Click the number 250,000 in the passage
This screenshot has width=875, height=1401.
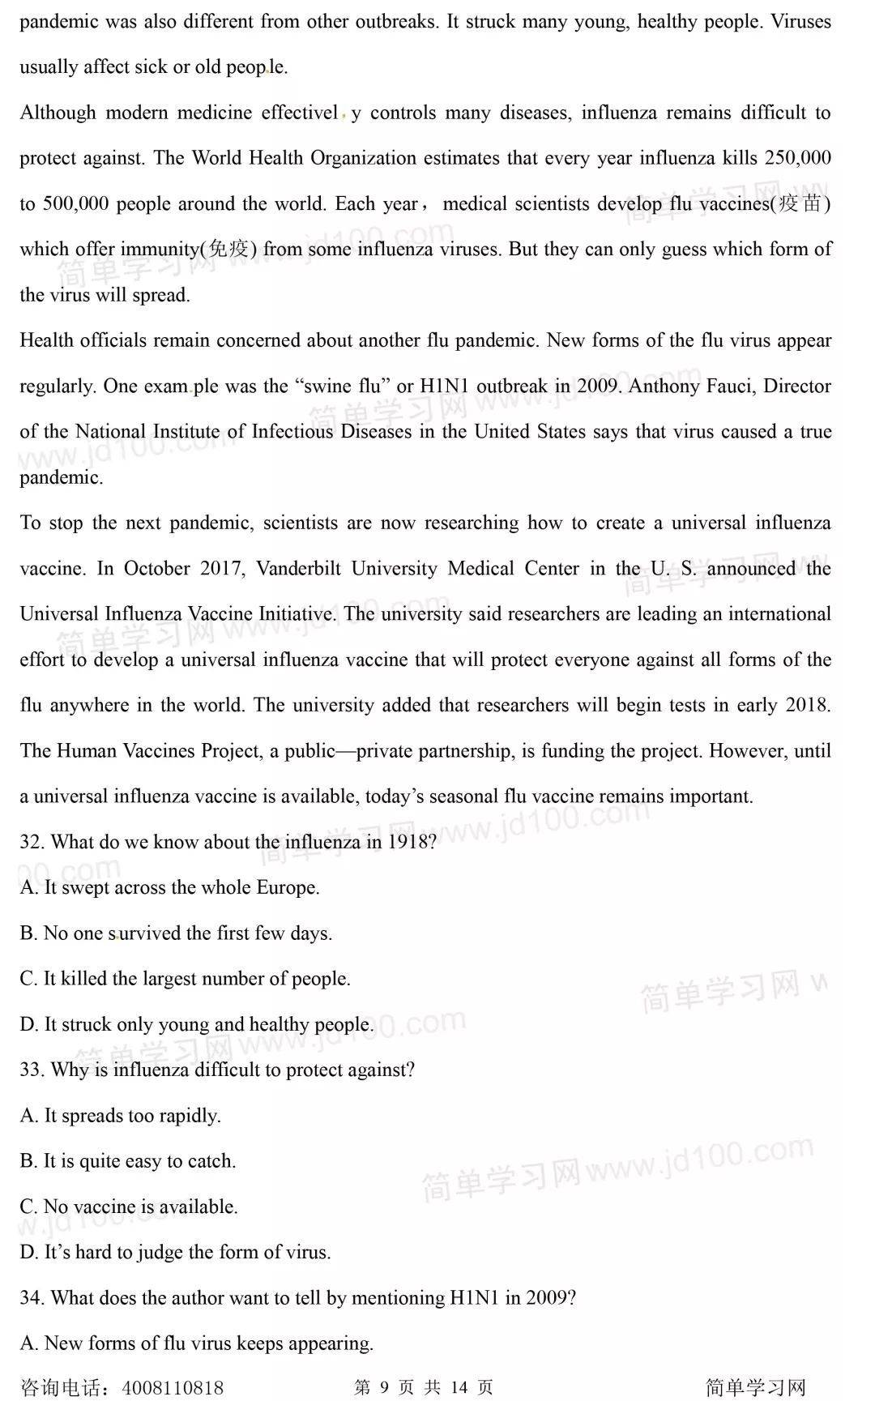pos(797,157)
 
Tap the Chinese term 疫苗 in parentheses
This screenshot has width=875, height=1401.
pos(800,203)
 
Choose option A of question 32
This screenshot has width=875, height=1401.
pos(169,887)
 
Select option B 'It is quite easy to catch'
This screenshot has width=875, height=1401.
pos(128,1161)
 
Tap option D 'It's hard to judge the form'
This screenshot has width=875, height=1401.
pos(175,1252)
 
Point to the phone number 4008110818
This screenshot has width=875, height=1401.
pos(173,1388)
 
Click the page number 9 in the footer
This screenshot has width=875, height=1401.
pos(384,1388)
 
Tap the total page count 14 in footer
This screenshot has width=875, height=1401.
pos(459,1388)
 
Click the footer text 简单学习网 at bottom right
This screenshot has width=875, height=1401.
pos(755,1388)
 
